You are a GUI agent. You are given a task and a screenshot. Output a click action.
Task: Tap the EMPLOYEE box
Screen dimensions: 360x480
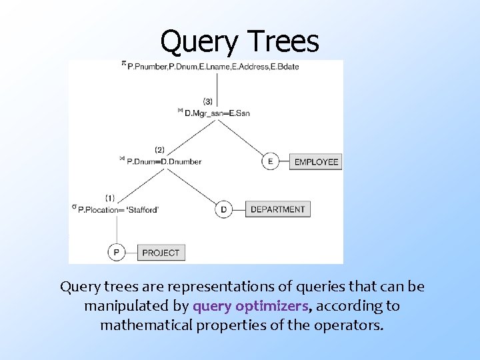coord(316,161)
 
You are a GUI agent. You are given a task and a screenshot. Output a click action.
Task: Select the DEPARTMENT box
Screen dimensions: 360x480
coord(277,209)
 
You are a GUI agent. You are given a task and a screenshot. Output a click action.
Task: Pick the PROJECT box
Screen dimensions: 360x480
coord(161,253)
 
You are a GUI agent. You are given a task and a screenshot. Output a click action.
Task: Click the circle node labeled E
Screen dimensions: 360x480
coord(270,161)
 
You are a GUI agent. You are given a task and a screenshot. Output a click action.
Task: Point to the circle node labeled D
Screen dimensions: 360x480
coord(223,209)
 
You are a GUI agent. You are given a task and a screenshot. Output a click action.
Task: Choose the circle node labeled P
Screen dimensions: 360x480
coord(117,253)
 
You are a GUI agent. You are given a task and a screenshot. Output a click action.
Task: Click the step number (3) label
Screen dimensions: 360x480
coord(207,101)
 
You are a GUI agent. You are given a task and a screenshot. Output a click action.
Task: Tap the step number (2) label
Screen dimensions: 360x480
coord(159,149)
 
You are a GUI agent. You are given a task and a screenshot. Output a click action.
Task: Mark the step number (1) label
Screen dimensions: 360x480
coord(110,198)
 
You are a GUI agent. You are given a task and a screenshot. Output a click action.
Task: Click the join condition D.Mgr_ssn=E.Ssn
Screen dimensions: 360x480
coord(217,113)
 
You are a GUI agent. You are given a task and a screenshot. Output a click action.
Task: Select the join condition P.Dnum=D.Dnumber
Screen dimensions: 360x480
coord(163,161)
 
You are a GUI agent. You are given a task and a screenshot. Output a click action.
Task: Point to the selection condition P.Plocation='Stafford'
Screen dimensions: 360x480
coord(118,209)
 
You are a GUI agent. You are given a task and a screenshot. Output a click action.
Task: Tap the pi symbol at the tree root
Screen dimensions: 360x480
coord(123,63)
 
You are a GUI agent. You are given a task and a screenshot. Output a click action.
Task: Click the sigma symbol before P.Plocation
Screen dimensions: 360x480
coord(74,207)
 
